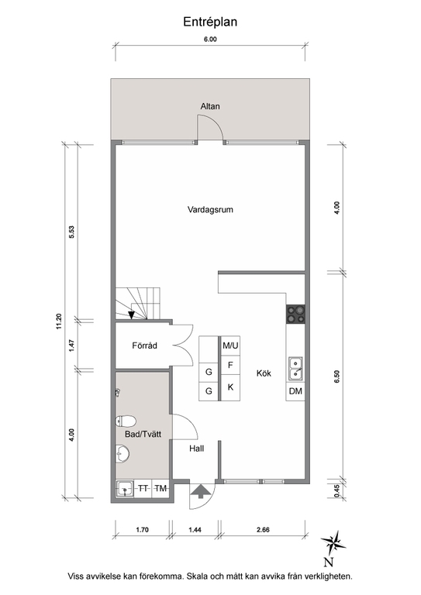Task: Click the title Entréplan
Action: (210, 22)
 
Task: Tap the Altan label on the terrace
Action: (210, 105)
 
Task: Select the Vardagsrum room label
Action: (210, 209)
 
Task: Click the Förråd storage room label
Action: (145, 346)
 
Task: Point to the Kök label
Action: (266, 373)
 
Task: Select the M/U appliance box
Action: (230, 346)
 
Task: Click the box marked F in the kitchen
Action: (230, 366)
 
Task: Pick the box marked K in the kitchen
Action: (230, 387)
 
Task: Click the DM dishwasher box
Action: (295, 392)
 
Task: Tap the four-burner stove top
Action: (295, 314)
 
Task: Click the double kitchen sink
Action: (295, 369)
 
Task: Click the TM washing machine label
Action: (161, 488)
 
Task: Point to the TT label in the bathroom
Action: (143, 488)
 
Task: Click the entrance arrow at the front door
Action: (199, 490)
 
